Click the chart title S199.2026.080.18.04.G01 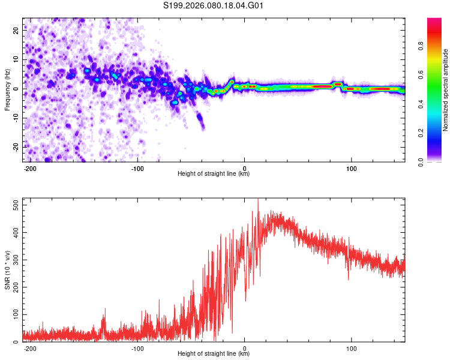coord(214,6)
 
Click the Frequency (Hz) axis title coord(7,90)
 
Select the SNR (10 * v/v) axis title coord(7,270)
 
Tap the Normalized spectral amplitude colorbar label coord(445,90)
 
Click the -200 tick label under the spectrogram coord(31,168)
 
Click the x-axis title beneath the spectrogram coord(214,174)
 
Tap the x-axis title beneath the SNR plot coord(214,354)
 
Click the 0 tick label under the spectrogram coord(245,168)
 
